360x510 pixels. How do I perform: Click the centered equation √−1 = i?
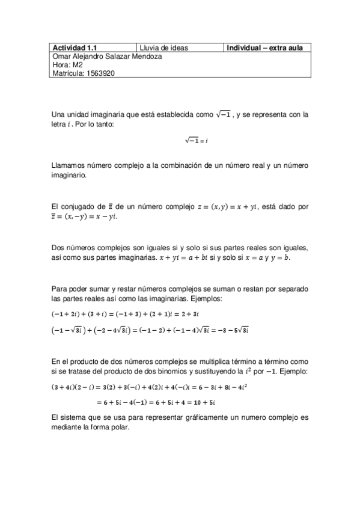pos(197,141)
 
